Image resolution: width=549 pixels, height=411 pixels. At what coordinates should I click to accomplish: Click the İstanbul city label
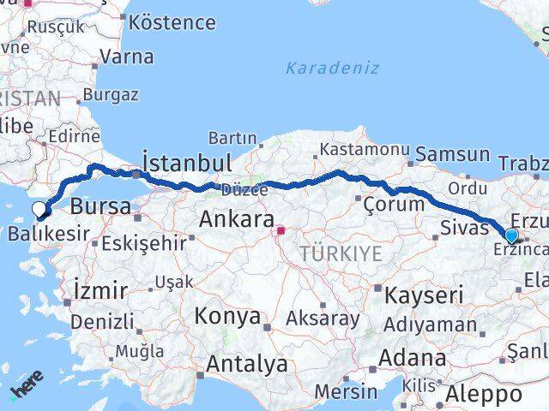point(187,163)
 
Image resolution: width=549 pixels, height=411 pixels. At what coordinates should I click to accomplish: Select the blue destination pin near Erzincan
point(511,235)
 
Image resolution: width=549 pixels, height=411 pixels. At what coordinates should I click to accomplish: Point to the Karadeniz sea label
point(331,67)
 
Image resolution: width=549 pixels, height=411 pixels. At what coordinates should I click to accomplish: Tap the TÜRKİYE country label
point(340,253)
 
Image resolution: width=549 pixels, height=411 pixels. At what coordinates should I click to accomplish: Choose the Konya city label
point(227,316)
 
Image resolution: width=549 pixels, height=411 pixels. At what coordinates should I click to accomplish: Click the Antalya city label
point(246,364)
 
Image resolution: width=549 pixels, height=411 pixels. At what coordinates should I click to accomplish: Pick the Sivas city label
point(463,227)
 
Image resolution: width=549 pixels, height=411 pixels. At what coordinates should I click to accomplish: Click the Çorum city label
point(394,204)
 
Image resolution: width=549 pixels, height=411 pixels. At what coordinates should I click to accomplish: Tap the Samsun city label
point(454,156)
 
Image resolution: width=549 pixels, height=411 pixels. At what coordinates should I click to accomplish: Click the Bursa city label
point(100,206)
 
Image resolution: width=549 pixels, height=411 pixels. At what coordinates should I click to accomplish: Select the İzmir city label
point(100,290)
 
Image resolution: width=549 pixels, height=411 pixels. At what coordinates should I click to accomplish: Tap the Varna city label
point(126,57)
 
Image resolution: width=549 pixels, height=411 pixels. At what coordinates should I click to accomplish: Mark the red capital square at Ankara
point(280,229)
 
